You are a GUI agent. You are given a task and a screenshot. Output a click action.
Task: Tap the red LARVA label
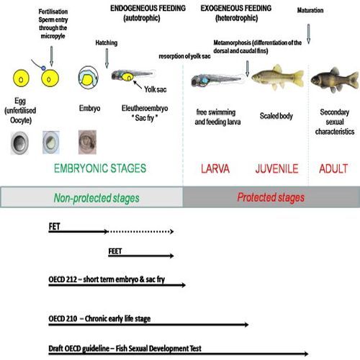click(216, 170)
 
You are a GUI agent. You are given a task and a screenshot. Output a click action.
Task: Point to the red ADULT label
click(335, 170)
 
